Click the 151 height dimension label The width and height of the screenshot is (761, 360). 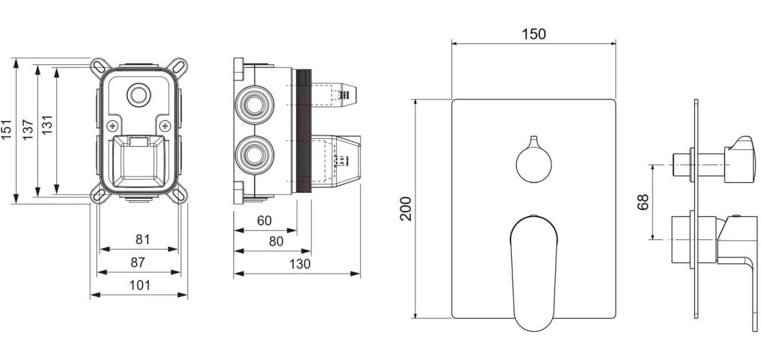(x=7, y=130)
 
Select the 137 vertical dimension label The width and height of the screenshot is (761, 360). (x=28, y=130)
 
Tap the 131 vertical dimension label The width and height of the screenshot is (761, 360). (x=48, y=130)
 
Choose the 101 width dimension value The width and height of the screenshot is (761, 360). (x=140, y=285)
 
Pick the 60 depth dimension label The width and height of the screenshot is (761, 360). (x=265, y=221)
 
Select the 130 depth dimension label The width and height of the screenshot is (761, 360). (x=299, y=264)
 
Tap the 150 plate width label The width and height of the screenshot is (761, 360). (x=533, y=34)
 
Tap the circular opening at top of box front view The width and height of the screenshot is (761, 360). (x=137, y=94)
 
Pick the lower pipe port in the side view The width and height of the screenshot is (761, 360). (x=255, y=153)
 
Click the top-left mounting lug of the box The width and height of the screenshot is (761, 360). (x=97, y=67)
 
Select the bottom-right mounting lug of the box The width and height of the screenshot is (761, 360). (x=180, y=194)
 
